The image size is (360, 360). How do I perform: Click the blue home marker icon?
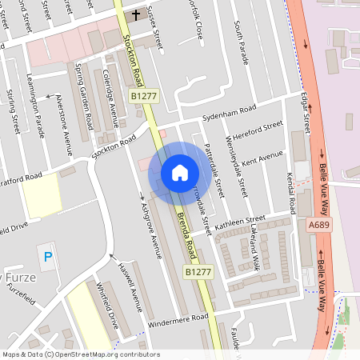(180, 173)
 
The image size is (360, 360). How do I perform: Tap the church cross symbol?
(136, 14)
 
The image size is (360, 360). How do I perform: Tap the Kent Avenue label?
(262, 157)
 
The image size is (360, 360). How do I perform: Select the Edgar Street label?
(305, 112)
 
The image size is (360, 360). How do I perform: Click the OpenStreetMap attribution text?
(81, 354)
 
